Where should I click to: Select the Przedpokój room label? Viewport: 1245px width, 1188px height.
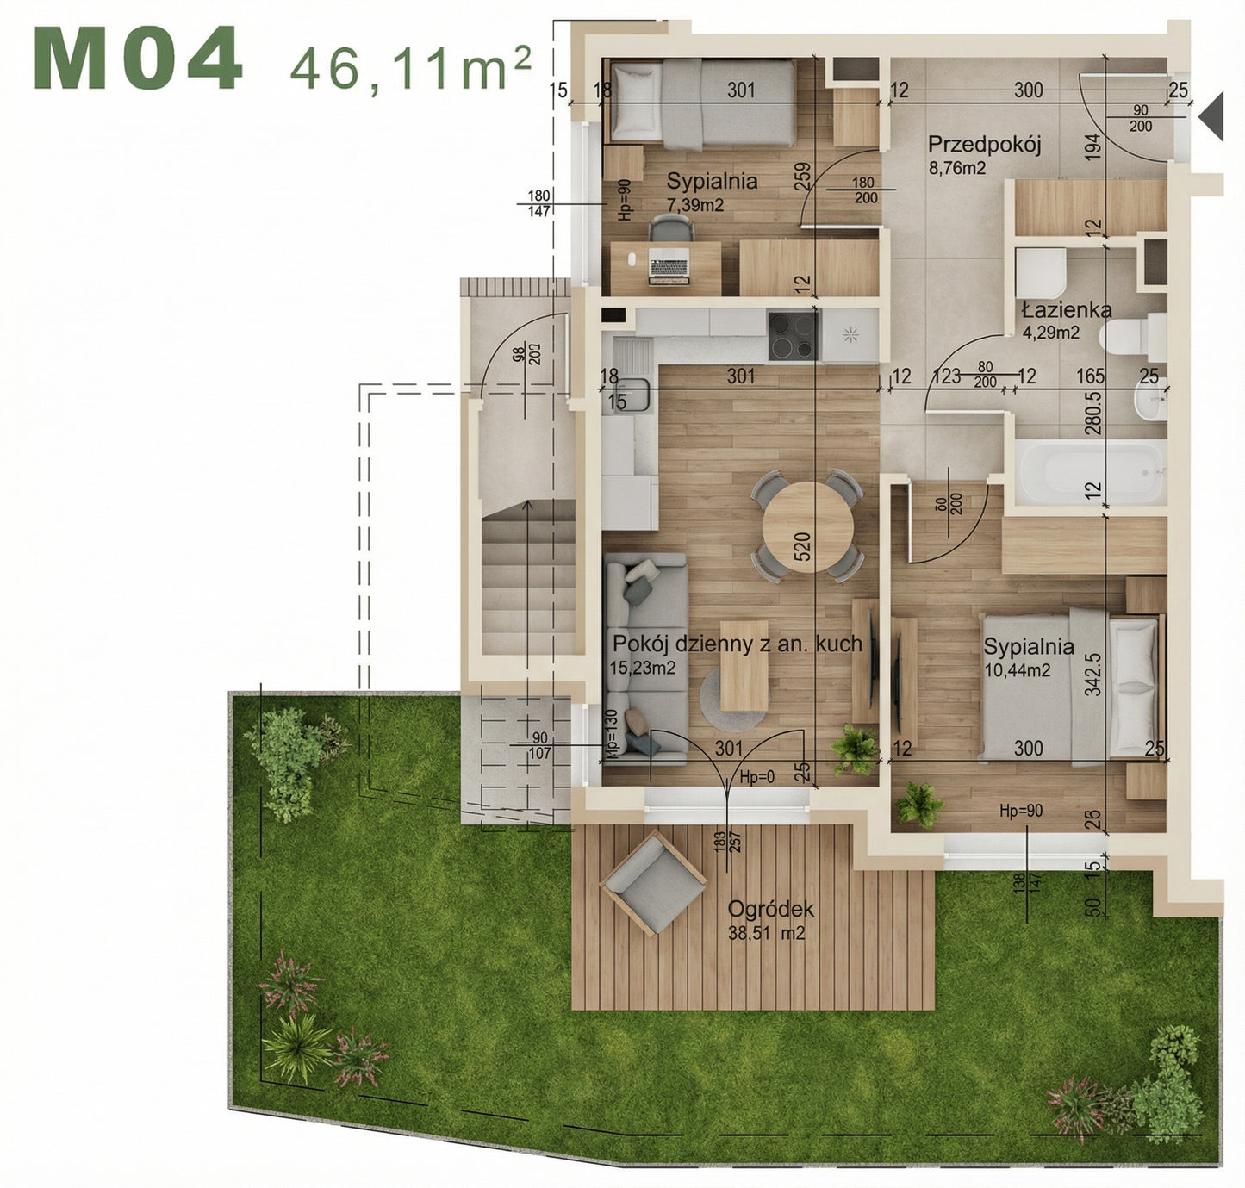984,144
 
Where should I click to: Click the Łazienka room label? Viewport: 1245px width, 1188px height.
1066,310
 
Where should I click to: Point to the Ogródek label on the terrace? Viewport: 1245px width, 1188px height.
770,910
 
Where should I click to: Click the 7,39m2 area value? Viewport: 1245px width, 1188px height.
694,205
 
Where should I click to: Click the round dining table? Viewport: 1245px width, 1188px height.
807,526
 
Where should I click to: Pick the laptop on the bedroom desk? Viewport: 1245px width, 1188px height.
669,265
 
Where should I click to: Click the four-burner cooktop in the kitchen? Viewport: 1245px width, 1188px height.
793,335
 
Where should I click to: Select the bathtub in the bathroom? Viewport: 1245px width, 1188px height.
1090,472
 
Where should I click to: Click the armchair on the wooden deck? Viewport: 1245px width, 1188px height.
655,882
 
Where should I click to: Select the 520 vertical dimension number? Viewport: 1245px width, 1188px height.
801,547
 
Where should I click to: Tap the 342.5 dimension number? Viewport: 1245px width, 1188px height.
1093,674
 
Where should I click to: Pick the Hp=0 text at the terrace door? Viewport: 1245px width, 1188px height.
757,777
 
